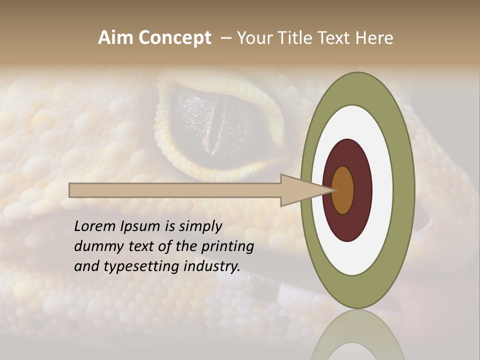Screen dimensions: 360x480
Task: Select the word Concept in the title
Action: click(174, 38)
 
